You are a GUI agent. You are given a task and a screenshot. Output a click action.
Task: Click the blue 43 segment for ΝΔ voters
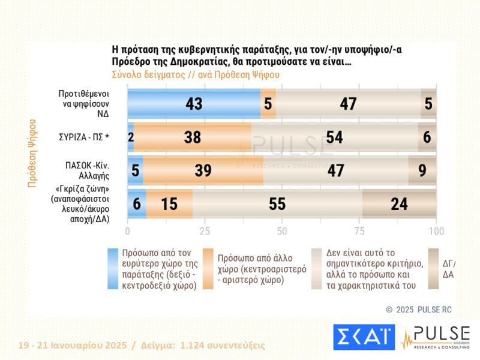(x=194, y=104)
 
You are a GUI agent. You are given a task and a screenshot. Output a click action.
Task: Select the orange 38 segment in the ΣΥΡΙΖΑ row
(x=193, y=137)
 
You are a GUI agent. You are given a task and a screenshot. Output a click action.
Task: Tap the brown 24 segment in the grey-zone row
(x=399, y=204)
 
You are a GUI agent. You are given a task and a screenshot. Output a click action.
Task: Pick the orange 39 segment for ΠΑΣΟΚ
(x=203, y=170)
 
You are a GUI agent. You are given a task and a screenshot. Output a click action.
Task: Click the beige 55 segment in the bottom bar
(x=277, y=204)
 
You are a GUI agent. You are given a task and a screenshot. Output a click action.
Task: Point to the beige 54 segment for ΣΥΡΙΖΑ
(x=334, y=137)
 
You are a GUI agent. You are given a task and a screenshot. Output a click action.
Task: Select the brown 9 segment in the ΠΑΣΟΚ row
(x=422, y=170)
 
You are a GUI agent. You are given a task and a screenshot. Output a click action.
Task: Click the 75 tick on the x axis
(x=359, y=231)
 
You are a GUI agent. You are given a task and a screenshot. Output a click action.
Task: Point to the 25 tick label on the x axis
(x=205, y=231)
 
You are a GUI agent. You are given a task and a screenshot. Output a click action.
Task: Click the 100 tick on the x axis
(x=436, y=231)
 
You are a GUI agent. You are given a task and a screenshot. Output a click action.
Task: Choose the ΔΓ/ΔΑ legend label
(x=448, y=269)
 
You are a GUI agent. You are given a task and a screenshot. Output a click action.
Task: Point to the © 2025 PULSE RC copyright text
(x=419, y=310)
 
